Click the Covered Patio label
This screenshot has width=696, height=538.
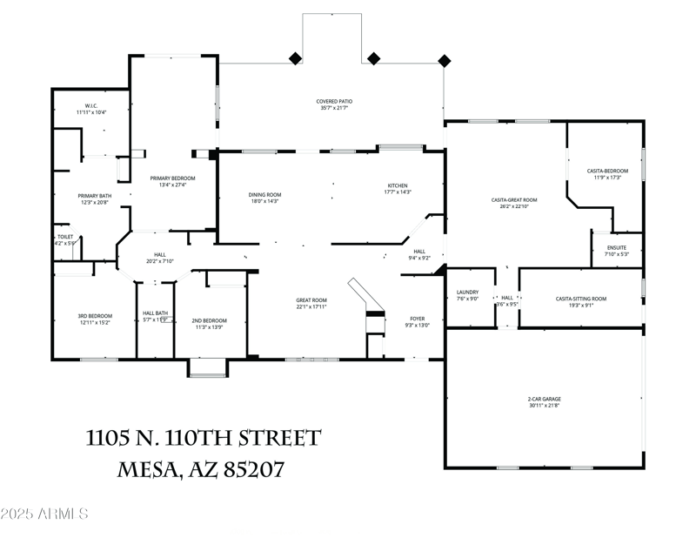click(334, 102)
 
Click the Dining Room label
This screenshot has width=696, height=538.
click(265, 195)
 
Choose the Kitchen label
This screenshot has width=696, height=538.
click(398, 185)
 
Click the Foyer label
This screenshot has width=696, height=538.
click(418, 319)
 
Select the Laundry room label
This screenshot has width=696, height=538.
click(468, 293)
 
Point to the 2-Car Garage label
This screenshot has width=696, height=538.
click(544, 400)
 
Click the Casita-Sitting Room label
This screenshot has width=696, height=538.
click(581, 299)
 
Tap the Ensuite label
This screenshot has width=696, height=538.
click(616, 248)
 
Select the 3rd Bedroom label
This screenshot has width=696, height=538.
click(96, 316)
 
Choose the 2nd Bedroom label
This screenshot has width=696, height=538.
click(209, 320)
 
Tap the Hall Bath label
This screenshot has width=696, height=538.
click(155, 313)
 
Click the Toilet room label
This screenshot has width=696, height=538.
click(64, 237)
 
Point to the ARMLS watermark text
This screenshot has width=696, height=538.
click(45, 514)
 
